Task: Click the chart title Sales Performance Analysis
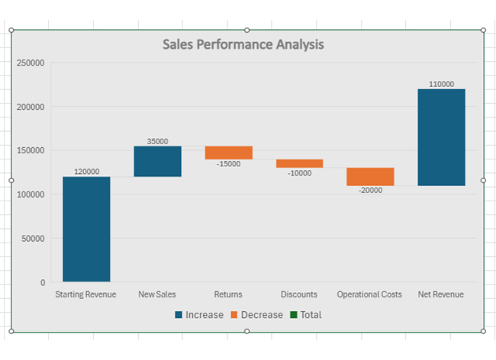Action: [243, 44]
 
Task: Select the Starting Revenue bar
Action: [86, 229]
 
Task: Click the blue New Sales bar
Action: [157, 161]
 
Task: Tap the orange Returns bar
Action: [228, 153]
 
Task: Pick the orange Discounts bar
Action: [299, 163]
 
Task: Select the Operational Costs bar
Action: [370, 176]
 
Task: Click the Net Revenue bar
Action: [441, 137]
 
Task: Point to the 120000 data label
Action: [86, 172]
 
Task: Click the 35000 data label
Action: [157, 141]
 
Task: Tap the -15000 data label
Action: [228, 164]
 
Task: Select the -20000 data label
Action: [370, 191]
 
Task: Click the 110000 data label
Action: [441, 84]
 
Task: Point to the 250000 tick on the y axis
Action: [31, 63]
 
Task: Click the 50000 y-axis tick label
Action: [33, 239]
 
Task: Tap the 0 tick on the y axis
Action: [42, 283]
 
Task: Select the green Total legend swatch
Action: [293, 315]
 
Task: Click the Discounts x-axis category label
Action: [299, 294]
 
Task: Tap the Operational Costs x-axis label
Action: [370, 294]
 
